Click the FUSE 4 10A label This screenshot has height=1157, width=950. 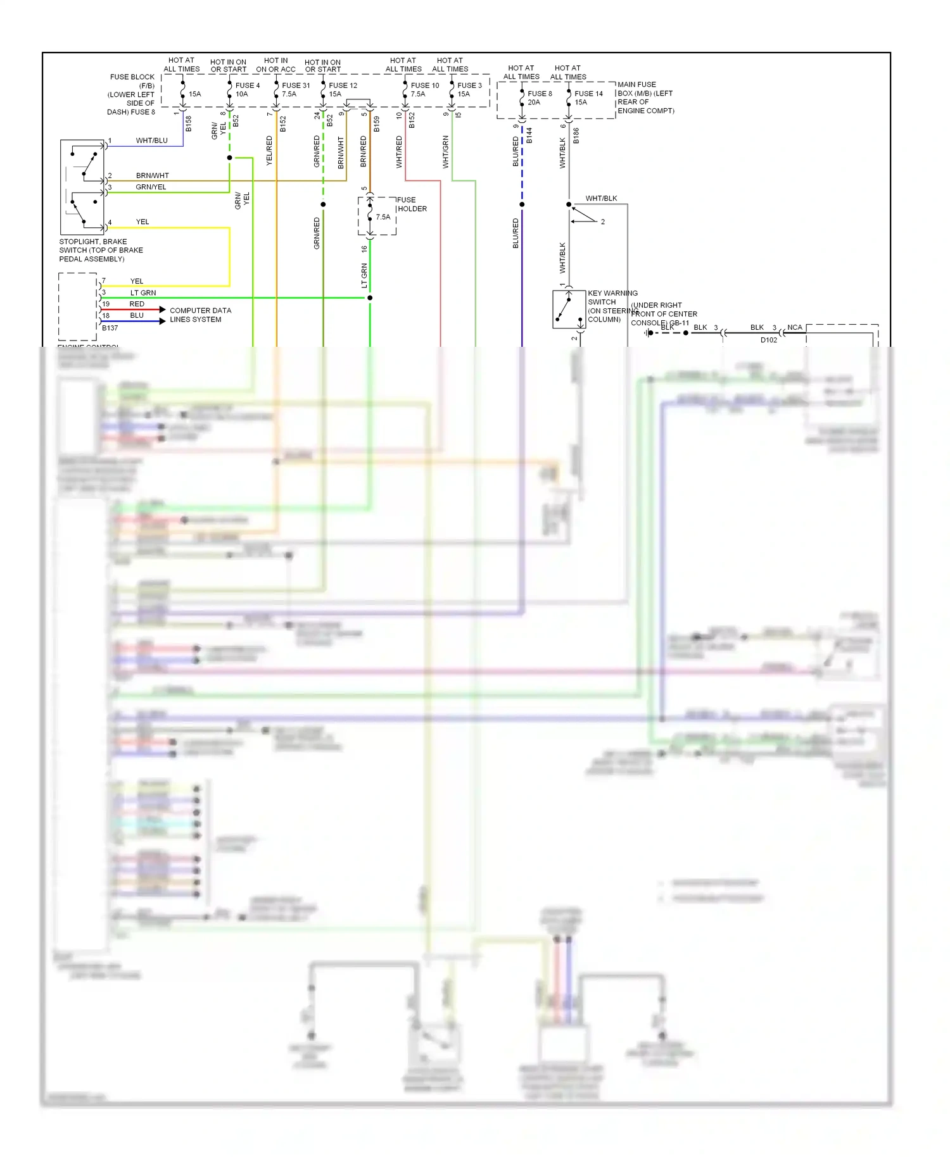pos(247,90)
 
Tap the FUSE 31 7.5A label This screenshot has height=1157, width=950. pos(295,90)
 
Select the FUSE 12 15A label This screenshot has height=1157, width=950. pos(342,90)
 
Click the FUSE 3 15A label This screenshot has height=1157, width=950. pos(469,90)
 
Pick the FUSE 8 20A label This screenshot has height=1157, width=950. pos(539,97)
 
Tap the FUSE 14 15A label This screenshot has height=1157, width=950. pos(588,97)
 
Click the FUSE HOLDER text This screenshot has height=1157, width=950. pos(412,204)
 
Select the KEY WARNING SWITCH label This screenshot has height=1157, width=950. pos(612,306)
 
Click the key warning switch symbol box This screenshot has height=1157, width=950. pos(568,309)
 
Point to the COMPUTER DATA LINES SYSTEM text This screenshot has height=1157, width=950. pos(199,315)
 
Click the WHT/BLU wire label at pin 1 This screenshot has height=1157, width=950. pos(151,141)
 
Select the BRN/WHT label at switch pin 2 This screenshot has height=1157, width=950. pos(152,175)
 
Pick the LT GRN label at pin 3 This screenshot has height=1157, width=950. pos(143,293)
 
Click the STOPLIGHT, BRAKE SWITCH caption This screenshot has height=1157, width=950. pos(101,250)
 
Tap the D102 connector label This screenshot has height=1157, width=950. pos(768,340)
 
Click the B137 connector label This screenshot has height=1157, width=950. pos(110,328)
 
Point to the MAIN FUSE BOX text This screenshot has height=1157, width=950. pos(645,97)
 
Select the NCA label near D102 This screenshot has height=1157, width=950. pos(794,327)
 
